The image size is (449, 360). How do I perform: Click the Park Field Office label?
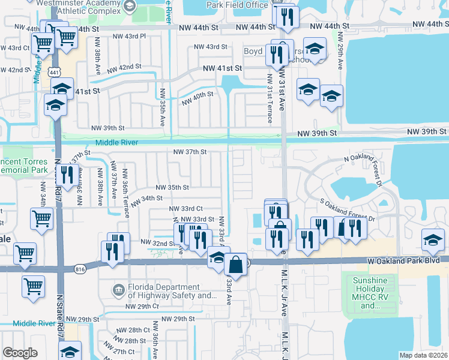coord(236,5)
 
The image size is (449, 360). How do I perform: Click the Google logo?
coord(20,353)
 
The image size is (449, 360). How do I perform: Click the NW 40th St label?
coord(197,96)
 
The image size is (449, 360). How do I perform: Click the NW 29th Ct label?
coord(142,307)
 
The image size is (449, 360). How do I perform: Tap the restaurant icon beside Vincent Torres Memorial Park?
coord(67,175)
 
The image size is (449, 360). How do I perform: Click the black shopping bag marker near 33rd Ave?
coord(237,264)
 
